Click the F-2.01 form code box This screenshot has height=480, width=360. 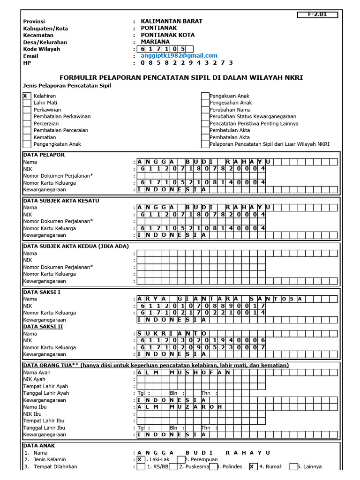tap(318, 15)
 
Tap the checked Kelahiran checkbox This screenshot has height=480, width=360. tap(26, 96)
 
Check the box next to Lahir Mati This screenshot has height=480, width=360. tap(26, 103)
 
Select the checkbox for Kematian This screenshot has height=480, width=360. tap(26, 137)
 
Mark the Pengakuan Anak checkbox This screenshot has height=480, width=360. tap(205, 96)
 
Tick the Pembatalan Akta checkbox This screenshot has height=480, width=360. tap(205, 137)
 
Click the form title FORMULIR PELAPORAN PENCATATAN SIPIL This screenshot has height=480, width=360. tap(181, 77)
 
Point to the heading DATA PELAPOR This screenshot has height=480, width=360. tap(44, 155)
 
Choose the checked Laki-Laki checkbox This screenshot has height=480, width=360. tap(140, 460)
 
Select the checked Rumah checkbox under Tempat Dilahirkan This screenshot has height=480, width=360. tap(253, 467)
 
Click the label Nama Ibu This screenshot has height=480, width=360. tap(35, 407)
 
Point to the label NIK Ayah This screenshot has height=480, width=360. tap(35, 379)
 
